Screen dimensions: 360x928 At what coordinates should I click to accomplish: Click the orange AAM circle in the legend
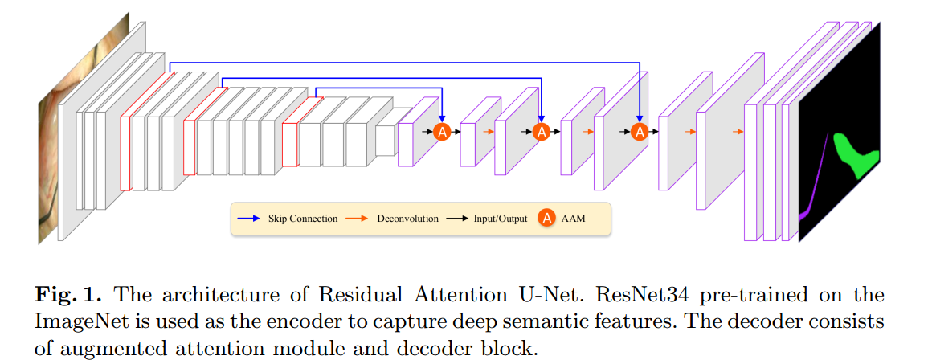click(x=547, y=218)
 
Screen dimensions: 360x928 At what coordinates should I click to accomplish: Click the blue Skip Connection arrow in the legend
click(x=248, y=219)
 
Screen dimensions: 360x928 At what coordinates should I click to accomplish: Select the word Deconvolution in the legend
click(x=407, y=219)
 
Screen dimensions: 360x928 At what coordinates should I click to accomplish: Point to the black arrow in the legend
click(x=459, y=219)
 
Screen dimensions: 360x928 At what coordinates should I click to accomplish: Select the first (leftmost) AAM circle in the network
click(x=442, y=131)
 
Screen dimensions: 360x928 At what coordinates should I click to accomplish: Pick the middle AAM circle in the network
click(x=542, y=131)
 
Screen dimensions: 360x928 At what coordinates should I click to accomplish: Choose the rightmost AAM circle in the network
click(x=640, y=131)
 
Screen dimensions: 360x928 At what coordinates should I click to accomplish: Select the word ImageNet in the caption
click(x=76, y=321)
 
